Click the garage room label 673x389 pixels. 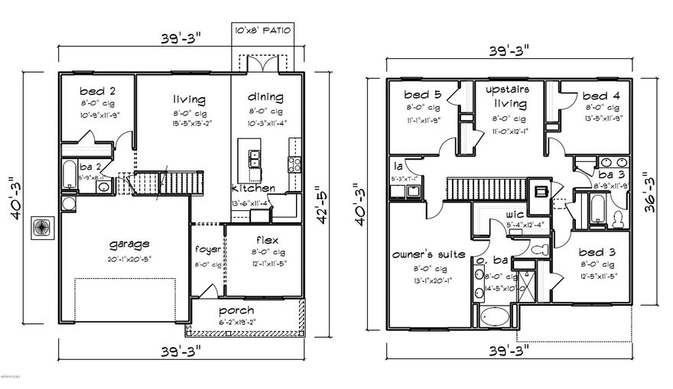coord(128,245)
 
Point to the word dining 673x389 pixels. coord(266,97)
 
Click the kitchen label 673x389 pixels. coord(253,188)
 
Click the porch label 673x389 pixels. coord(236,310)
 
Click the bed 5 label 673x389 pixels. coord(423,96)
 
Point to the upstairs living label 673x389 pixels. coord(509,96)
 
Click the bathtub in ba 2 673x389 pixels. coord(70,175)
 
